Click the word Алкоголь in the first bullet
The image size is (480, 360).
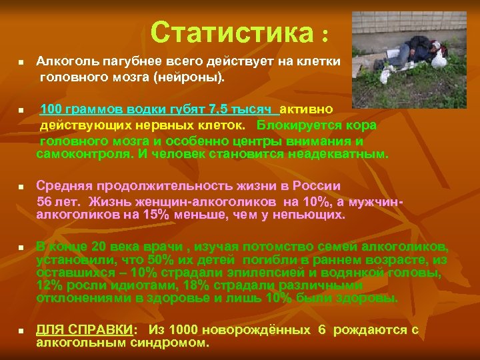click(65, 61)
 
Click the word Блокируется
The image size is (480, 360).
click(297, 125)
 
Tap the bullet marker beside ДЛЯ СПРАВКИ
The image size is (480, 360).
click(21, 331)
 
